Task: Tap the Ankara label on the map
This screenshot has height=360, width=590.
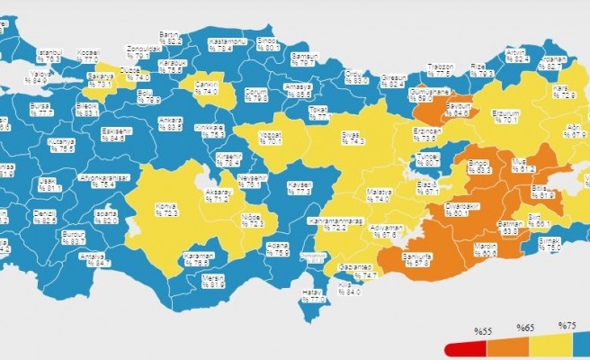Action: [169, 123]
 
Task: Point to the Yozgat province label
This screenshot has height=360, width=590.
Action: [269, 137]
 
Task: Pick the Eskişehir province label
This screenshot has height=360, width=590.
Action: [113, 135]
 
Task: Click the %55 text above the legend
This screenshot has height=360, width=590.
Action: [485, 330]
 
